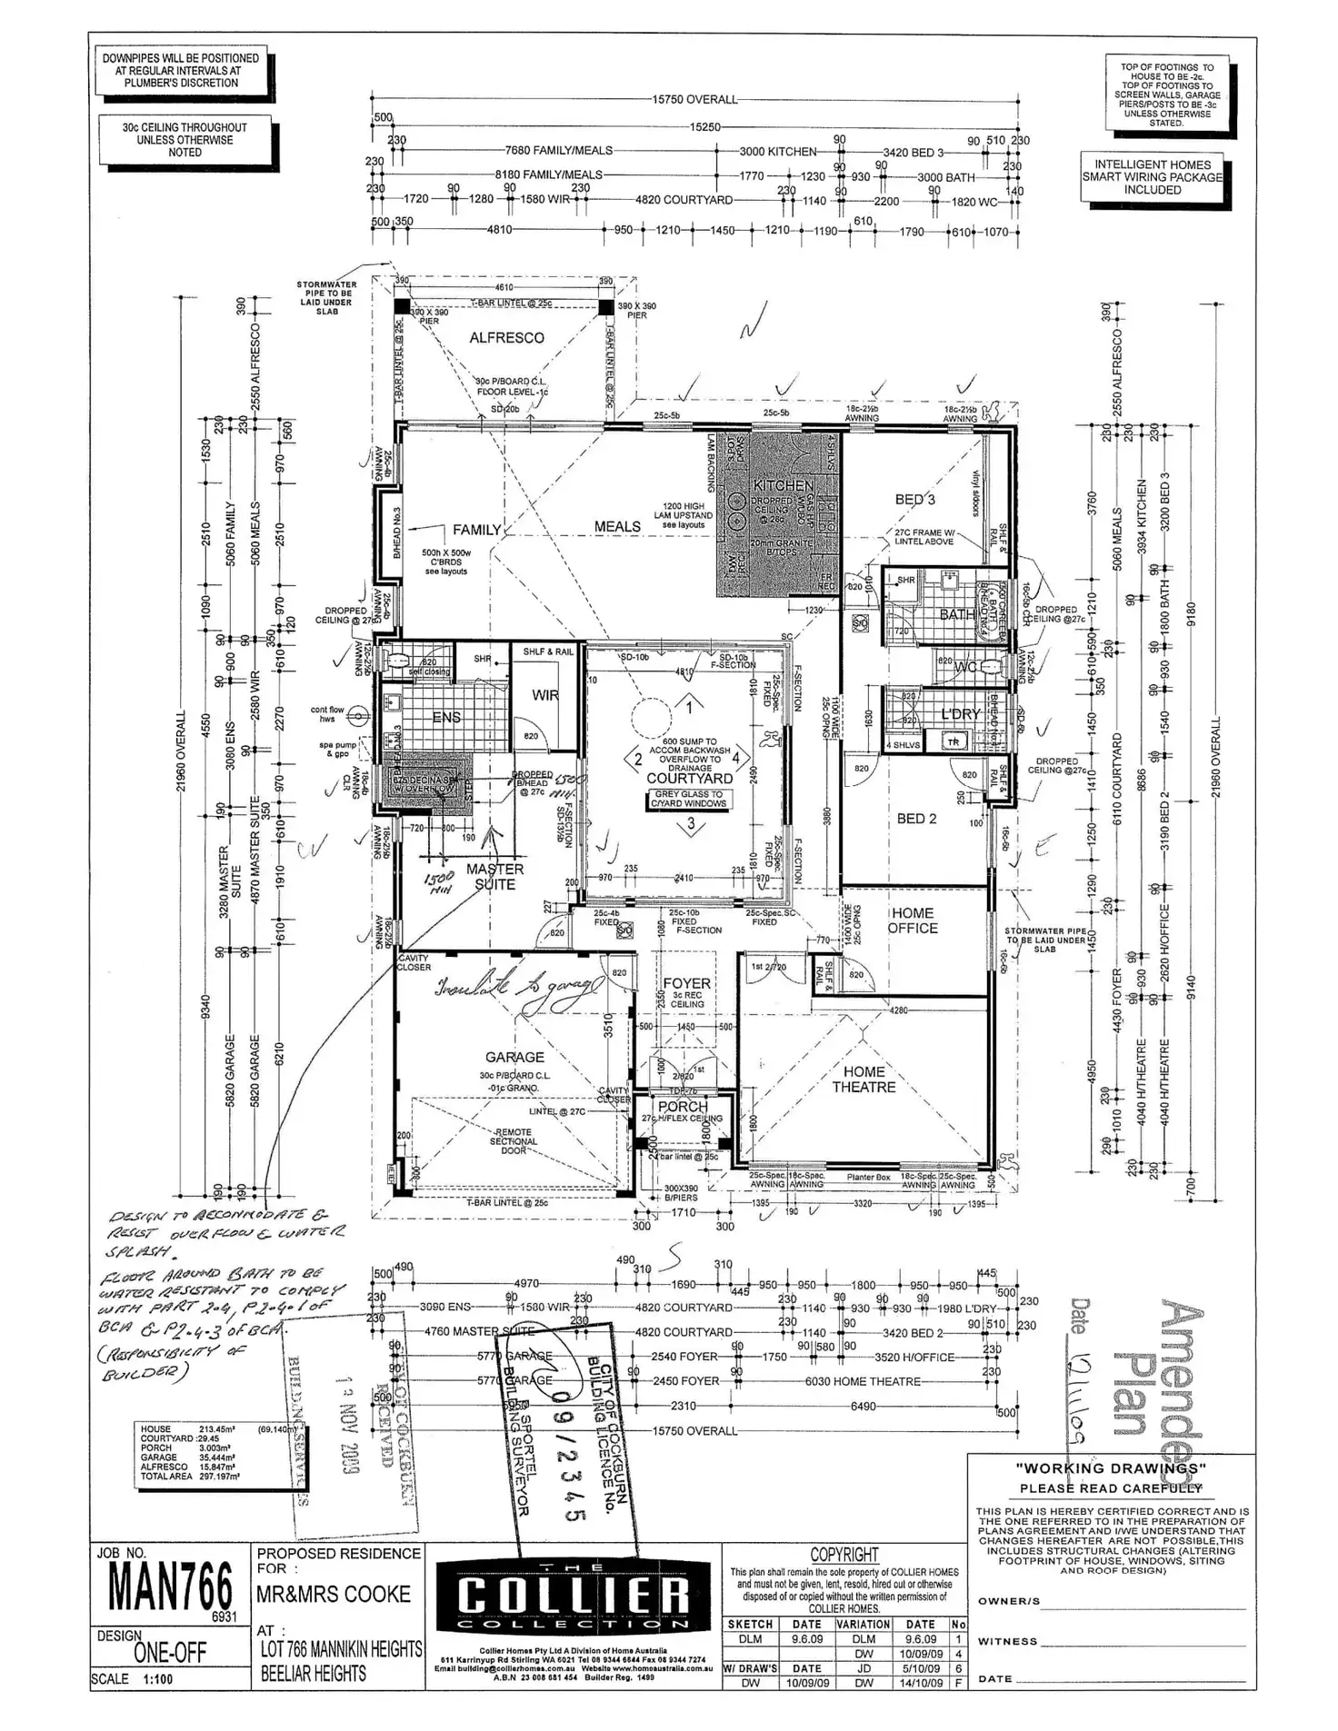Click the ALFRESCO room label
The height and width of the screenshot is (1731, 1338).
[x=506, y=338]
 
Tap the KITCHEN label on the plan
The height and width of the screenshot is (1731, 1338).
[x=784, y=485]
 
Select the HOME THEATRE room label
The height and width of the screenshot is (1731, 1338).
[x=864, y=1079]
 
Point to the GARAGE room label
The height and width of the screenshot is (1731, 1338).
[x=514, y=1058]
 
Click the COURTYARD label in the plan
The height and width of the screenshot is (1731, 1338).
[x=689, y=779]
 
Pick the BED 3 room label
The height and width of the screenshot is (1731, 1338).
[x=914, y=500]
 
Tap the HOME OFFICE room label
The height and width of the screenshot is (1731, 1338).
[x=913, y=920]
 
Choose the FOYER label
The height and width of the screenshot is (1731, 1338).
[x=686, y=983]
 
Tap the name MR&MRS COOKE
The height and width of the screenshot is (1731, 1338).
[x=333, y=1595]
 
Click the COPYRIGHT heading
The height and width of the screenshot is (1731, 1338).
[x=844, y=1555]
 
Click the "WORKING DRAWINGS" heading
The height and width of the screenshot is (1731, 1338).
[x=1111, y=1468]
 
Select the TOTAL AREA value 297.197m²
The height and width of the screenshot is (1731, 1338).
[x=219, y=1477]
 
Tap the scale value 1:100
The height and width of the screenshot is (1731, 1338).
[x=157, y=1679]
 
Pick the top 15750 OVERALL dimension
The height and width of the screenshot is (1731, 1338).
[x=694, y=99]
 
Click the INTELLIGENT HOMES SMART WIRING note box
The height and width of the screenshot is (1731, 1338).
[x=1152, y=177]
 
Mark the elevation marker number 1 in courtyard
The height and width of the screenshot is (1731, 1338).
[x=689, y=706]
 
